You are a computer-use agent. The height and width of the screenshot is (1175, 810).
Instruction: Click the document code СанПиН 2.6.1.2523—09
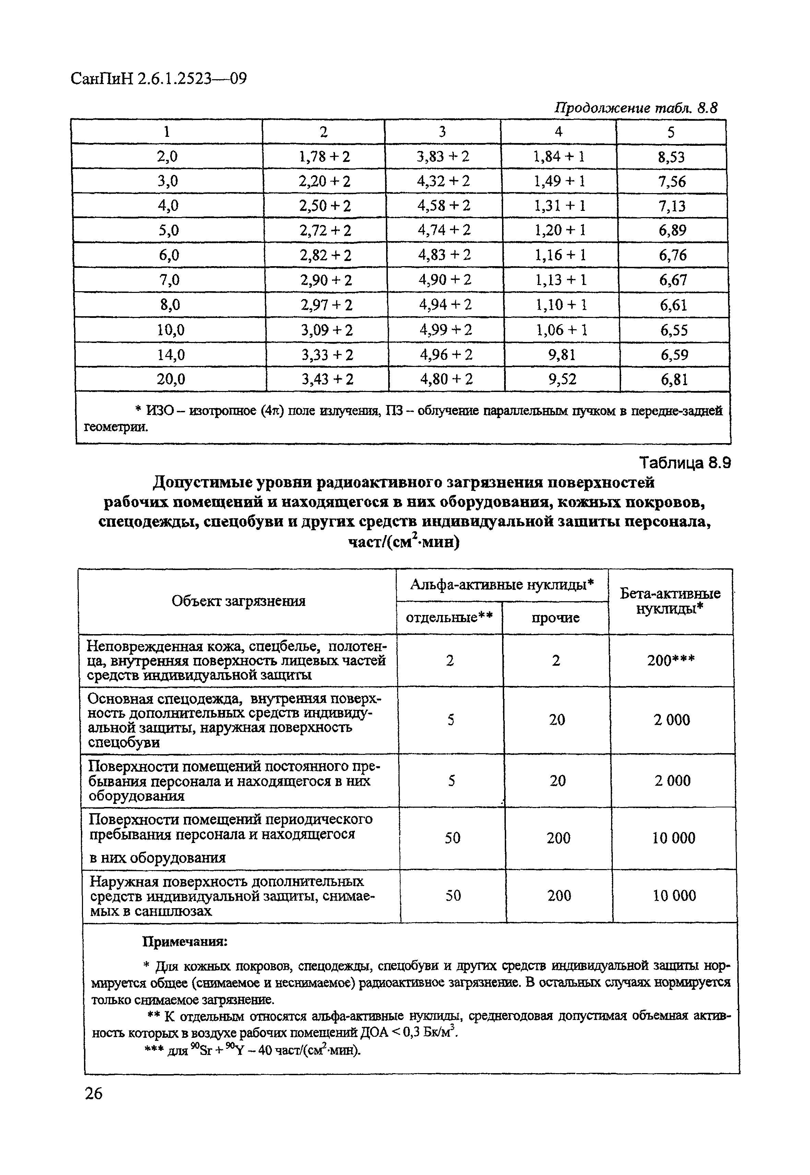coord(158,79)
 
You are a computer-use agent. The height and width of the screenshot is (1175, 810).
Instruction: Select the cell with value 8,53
coord(671,157)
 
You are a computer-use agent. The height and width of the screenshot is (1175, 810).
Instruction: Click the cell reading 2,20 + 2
coord(324,181)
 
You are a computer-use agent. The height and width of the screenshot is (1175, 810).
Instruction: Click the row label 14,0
coord(170,355)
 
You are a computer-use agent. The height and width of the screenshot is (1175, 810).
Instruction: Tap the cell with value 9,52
coord(562,379)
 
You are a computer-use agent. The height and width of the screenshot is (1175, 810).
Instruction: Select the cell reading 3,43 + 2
coord(327,379)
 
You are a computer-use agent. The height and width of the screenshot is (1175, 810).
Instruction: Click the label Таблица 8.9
coord(684,463)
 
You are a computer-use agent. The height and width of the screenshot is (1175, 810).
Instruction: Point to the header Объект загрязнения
coord(239,601)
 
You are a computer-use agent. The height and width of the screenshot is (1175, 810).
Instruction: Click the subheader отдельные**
coord(450,618)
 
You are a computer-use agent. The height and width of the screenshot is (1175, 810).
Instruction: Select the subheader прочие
coord(556,618)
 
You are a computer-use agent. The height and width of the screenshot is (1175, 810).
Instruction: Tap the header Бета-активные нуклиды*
coord(670,601)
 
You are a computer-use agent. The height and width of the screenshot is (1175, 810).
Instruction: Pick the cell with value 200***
coord(671,660)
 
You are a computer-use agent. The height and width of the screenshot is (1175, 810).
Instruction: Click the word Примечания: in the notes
coord(185,942)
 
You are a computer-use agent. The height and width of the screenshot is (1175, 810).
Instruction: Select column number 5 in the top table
coord(671,132)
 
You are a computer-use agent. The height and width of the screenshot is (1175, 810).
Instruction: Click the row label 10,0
coord(170,330)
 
